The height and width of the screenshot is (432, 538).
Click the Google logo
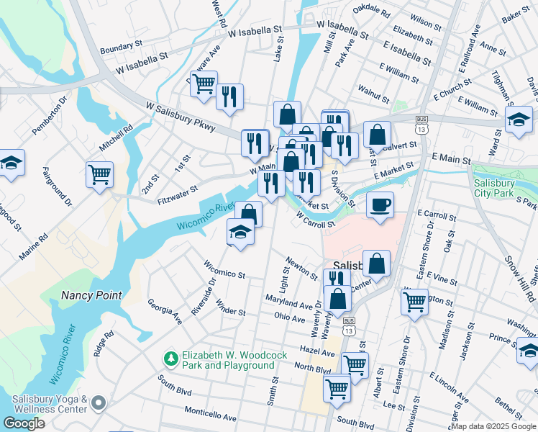[x=24, y=423]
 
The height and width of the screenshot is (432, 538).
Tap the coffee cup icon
[x=380, y=204]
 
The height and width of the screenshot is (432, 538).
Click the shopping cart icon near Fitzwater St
[x=99, y=174]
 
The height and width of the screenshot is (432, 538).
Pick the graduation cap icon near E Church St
[x=519, y=120]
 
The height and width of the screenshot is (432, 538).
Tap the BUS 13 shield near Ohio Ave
[x=349, y=325]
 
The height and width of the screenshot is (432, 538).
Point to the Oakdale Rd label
[x=372, y=12]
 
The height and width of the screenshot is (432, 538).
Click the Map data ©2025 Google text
[x=493, y=426]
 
